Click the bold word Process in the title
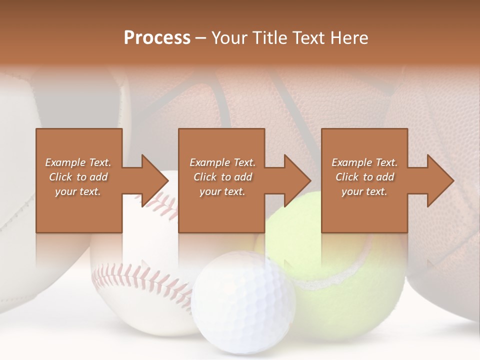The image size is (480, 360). (157, 38)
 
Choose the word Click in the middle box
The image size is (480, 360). (204, 177)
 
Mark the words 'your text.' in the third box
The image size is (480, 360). (364, 191)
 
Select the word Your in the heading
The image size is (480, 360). (228, 38)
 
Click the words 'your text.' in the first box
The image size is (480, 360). (78, 191)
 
